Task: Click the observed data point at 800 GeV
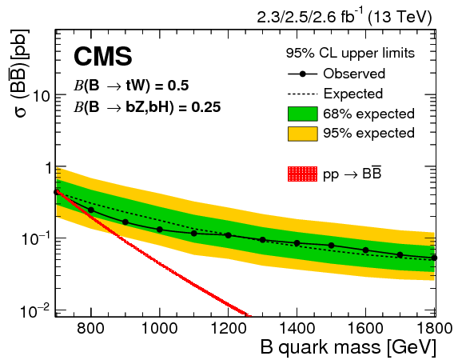tap(90, 210)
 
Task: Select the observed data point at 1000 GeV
tap(160, 230)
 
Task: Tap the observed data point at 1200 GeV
tap(229, 235)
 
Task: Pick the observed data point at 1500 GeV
tap(332, 245)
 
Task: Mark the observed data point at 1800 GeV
tap(435, 258)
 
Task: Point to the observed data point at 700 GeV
tap(56, 192)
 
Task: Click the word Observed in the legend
tap(354, 74)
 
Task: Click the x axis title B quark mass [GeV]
tap(348, 348)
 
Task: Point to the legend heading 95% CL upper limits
tap(350, 54)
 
